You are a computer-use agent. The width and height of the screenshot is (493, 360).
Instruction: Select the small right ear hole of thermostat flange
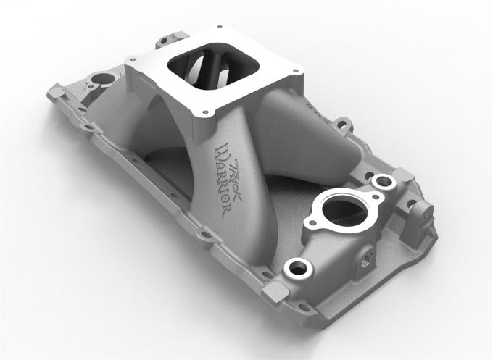coord(376,196)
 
